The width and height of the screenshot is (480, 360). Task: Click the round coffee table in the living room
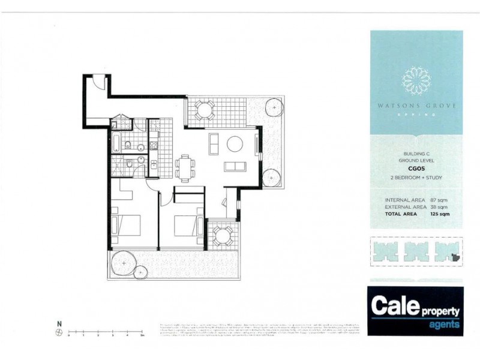tap(234, 143)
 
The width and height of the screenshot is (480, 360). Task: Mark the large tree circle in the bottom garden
tap(124, 262)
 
